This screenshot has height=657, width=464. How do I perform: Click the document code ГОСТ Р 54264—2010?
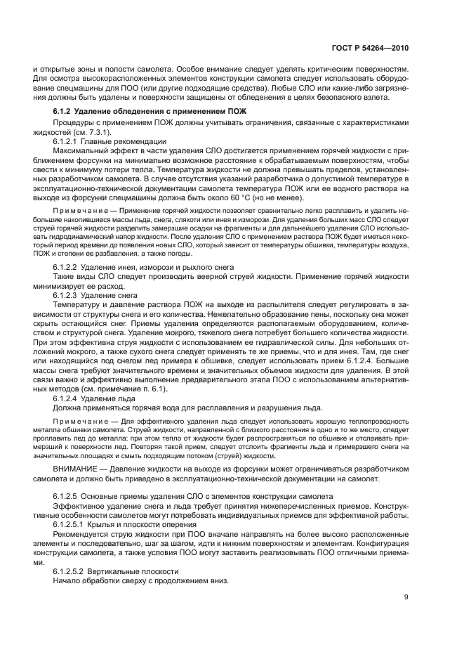tap(369, 48)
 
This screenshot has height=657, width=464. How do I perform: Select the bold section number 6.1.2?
tap(66, 112)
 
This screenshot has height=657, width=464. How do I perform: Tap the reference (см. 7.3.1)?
tap(86, 132)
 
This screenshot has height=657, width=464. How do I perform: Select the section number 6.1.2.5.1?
tap(72, 523)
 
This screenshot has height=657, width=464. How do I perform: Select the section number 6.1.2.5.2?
tap(72, 571)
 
